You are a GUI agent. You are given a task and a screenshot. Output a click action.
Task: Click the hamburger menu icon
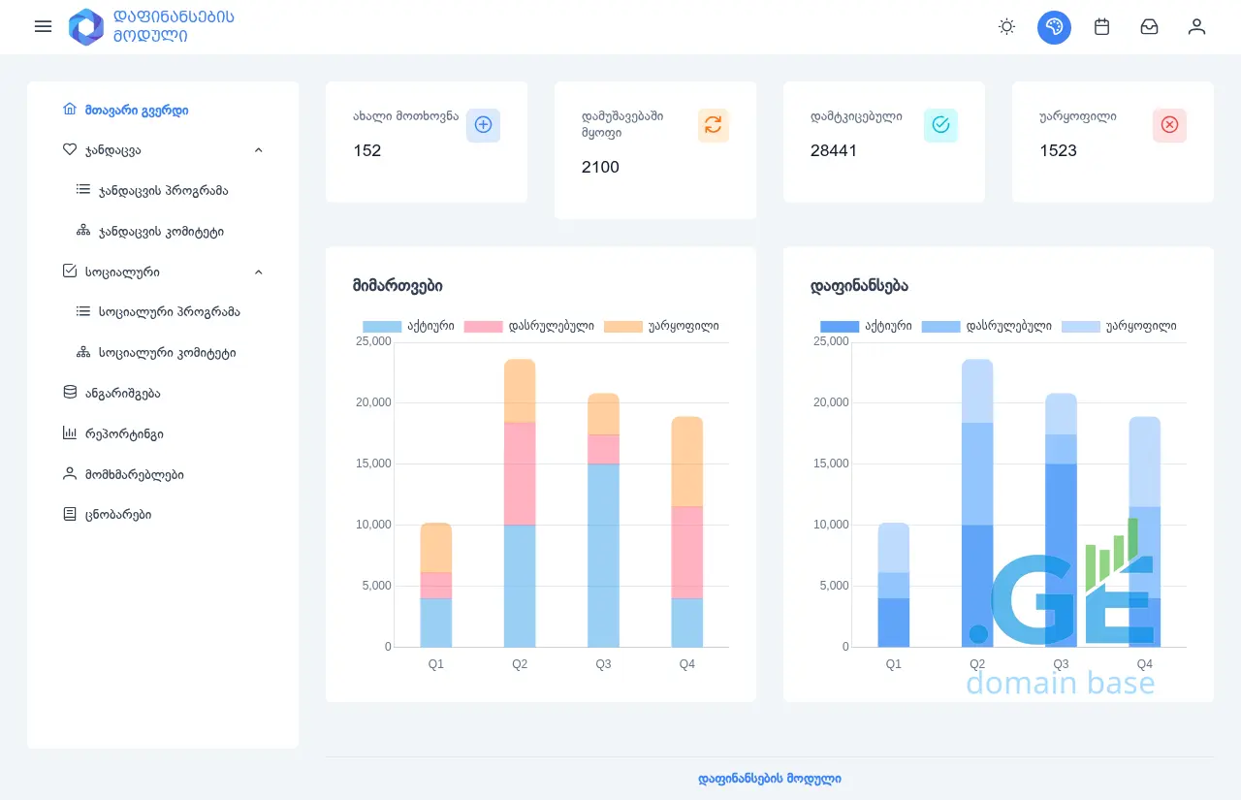pos(43,26)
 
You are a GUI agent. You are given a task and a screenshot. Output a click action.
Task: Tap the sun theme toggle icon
pos(1006,27)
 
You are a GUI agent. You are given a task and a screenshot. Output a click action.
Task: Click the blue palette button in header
pos(1054,27)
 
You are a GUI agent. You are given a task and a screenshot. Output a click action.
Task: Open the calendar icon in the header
pos(1101,27)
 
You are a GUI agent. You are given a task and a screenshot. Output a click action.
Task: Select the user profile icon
pos(1196,27)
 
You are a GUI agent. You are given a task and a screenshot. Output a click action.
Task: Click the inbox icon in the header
pos(1149,27)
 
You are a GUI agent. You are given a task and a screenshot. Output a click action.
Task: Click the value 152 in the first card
pos(367,150)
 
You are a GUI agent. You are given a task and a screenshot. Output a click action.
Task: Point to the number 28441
pos(834,150)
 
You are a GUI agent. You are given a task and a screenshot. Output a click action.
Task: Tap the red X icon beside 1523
pos(1169,125)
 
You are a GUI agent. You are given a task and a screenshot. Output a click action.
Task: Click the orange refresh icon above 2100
pos(713,125)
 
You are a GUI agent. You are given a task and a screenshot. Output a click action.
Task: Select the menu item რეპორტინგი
pos(130,433)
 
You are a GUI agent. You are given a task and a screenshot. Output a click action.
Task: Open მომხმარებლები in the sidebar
pos(134,474)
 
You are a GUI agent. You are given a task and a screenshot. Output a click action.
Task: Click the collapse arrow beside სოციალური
pos(259,272)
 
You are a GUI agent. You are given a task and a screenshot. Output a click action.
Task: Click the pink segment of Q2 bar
pos(520,473)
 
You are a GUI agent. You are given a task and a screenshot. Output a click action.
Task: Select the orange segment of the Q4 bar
pos(686,462)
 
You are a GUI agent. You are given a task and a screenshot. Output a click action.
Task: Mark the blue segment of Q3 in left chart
pos(603,555)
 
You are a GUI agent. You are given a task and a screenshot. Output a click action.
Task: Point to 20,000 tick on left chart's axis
pos(374,402)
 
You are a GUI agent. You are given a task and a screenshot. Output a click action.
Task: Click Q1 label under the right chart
pos(894,664)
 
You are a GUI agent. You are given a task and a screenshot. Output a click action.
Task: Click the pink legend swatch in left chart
pos(483,327)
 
